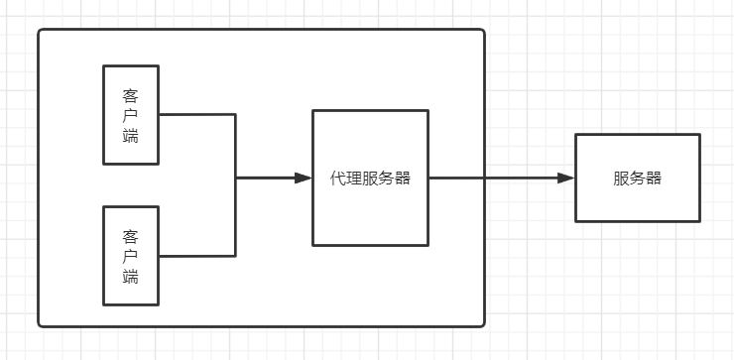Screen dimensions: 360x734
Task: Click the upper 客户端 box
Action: click(x=131, y=114)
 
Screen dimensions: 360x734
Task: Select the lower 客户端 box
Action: click(x=131, y=256)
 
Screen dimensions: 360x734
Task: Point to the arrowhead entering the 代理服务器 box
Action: click(x=304, y=179)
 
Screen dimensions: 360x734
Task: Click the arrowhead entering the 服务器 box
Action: click(x=566, y=179)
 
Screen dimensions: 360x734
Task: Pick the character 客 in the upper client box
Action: click(x=131, y=96)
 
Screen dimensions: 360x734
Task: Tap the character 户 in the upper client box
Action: click(x=131, y=115)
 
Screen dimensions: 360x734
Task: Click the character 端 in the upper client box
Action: click(x=131, y=135)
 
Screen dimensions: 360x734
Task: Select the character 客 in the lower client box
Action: click(x=131, y=237)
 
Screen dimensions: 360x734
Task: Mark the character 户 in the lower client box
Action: click(x=131, y=257)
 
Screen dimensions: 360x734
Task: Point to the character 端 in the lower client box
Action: click(x=131, y=277)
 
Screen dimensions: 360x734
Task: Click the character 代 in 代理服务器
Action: click(x=338, y=179)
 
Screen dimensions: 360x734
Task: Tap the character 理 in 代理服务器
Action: click(x=354, y=179)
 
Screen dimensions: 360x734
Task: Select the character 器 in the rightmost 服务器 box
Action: click(x=653, y=179)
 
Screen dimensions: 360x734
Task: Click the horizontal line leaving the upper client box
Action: click(x=196, y=114)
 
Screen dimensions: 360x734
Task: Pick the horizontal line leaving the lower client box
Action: click(x=196, y=256)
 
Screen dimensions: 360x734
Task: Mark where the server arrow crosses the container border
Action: click(x=484, y=179)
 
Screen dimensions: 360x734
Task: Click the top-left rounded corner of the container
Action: click(x=42, y=33)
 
